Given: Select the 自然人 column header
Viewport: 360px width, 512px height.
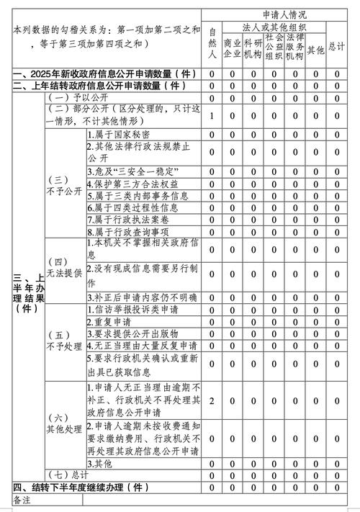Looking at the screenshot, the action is (212, 42).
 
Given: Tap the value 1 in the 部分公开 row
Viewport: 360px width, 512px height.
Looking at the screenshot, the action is (212, 115).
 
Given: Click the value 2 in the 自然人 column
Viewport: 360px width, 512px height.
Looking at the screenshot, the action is (212, 400).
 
